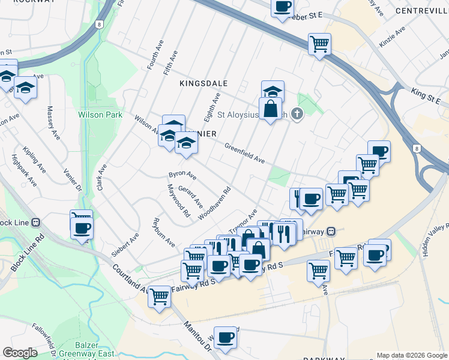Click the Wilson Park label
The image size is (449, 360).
(x=100, y=115)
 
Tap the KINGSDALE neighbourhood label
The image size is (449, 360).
(x=202, y=85)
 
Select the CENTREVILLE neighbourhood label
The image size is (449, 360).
(x=422, y=11)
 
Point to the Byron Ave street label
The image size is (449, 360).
(x=182, y=175)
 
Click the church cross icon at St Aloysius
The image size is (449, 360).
(x=297, y=113)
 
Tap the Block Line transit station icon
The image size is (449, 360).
(x=36, y=222)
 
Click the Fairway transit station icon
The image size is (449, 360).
(x=339, y=231)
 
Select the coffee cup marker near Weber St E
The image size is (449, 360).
(x=282, y=7)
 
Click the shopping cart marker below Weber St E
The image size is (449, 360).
(x=319, y=43)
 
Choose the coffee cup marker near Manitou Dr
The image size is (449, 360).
(x=225, y=337)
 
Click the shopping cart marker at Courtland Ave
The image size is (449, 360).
(x=159, y=296)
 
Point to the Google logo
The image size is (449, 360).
(x=20, y=353)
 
